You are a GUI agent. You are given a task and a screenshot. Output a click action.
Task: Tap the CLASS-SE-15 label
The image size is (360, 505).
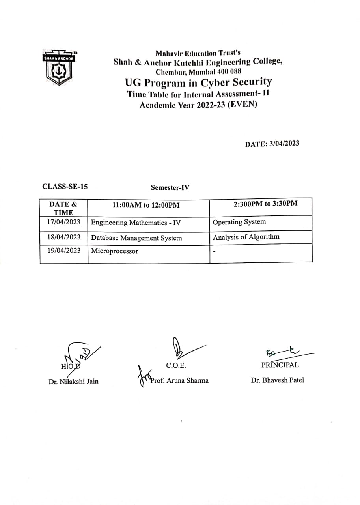coord(65,187)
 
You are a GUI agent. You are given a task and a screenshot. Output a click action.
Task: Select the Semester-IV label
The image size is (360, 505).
coord(170,188)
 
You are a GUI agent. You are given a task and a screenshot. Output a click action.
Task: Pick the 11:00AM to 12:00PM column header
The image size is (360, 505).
coord(146,205)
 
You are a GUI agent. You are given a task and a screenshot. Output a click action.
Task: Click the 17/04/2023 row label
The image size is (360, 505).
coord(63,222)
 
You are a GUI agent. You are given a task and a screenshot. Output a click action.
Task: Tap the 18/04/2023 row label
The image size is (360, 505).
coord(63,237)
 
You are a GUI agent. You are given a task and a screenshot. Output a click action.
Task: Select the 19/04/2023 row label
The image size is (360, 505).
coord(63,250)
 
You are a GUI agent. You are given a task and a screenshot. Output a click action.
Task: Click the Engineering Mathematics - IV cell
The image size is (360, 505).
coord(136,223)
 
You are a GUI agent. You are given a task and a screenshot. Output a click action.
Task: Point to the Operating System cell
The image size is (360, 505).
coord(239,222)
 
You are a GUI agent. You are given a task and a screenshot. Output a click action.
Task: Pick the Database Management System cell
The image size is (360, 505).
coord(136,238)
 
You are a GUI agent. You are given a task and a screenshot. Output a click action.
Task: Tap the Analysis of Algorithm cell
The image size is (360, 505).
coord(246,237)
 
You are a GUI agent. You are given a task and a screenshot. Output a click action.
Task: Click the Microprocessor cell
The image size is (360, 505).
coord(114,251)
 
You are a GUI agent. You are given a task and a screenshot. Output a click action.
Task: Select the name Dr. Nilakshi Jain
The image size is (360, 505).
coord(73,381)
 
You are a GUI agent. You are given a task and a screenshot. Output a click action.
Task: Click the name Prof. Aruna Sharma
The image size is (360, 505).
coord(179,380)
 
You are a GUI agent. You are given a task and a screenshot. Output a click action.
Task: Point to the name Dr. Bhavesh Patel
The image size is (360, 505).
coord(278,380)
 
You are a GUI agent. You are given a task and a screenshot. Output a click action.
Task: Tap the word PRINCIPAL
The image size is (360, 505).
coord(280,365)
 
